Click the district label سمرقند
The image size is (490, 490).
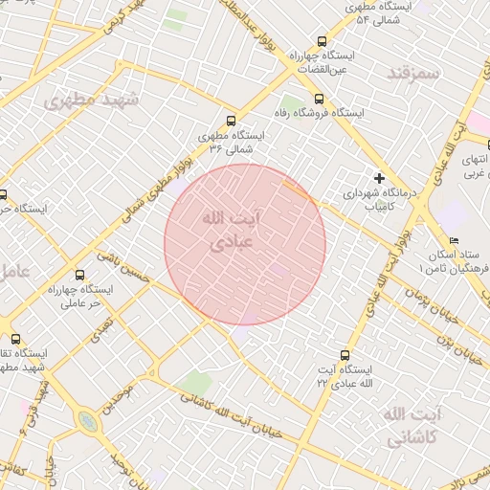tap(412, 73)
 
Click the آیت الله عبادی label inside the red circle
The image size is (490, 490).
tap(230, 231)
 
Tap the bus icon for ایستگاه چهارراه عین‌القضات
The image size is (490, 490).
tap(322, 42)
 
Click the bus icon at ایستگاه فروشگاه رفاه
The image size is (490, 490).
tap(319, 99)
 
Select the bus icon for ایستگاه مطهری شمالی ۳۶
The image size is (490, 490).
tap(230, 121)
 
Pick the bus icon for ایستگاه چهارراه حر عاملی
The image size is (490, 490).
tap(104, 257)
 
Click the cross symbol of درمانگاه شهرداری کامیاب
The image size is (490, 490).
tap(380, 178)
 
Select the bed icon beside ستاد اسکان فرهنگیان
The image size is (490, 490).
tap(454, 240)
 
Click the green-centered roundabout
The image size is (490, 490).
tap(87, 420)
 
